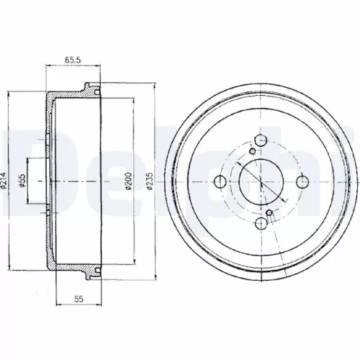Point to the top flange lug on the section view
point(91,91)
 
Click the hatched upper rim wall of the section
point(72,95)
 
